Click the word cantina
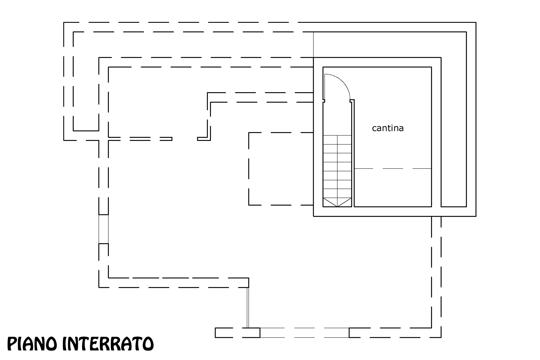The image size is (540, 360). pyautogui.click(x=388, y=128)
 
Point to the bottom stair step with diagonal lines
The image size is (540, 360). pyautogui.click(x=337, y=202)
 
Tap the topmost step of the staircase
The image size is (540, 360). pyautogui.click(x=337, y=140)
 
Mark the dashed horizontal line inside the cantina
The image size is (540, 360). pyautogui.click(x=393, y=168)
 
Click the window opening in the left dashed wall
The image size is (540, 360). pyautogui.click(x=103, y=229)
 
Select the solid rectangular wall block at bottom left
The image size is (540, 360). pyautogui.click(x=237, y=332)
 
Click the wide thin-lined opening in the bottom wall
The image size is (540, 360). pyautogui.click(x=305, y=332)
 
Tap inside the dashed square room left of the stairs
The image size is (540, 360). pyautogui.click(x=281, y=169)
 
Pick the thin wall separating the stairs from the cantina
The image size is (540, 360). pyautogui.click(x=353, y=153)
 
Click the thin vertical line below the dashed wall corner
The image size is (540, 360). pyautogui.click(x=248, y=307)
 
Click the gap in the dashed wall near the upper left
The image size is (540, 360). pyautogui.click(x=185, y=139)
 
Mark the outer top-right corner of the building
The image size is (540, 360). pyautogui.click(x=476, y=22)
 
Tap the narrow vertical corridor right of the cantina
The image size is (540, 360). pyautogui.click(x=454, y=132)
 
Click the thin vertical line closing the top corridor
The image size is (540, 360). pyautogui.click(x=313, y=44)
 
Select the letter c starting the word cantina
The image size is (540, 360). pyautogui.click(x=374, y=129)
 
